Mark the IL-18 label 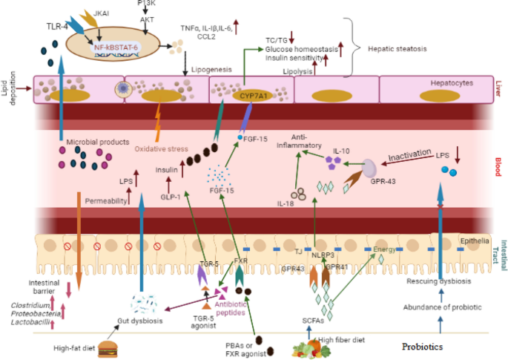tap(285, 201)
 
